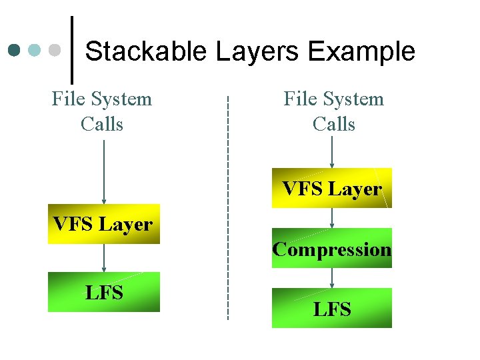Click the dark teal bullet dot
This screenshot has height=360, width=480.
click(15, 50)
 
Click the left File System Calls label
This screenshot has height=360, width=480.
click(102, 111)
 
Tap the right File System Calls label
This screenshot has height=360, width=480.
click(333, 111)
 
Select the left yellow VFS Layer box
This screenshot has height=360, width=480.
click(103, 224)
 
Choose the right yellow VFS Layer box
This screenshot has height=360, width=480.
click(331, 188)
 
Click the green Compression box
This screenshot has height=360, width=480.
click(331, 249)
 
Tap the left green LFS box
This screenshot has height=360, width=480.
click(103, 292)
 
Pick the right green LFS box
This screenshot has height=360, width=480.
click(331, 308)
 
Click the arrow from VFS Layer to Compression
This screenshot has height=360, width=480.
click(332, 218)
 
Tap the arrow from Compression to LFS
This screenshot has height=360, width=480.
click(332, 278)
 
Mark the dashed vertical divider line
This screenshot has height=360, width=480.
click(228, 207)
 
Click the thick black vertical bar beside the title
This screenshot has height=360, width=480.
click(72, 45)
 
